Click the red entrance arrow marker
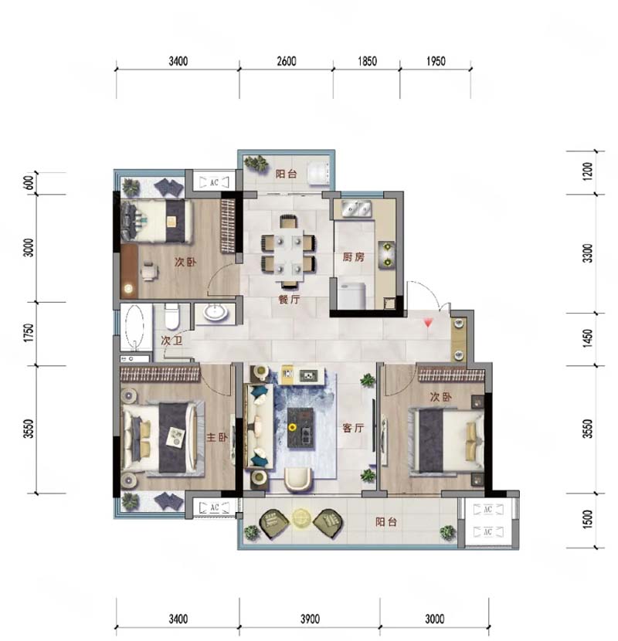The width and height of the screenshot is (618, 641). point(428,323)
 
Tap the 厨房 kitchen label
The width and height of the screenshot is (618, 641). point(353,257)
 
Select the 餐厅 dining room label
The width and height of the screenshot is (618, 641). point(289,299)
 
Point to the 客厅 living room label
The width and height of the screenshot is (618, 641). point(353,428)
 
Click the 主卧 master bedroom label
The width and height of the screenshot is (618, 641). point(217,437)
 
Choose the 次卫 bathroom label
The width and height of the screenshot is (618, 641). point(171,341)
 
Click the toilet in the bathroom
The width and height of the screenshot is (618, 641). point(171,316)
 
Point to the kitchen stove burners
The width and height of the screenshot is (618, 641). point(387,254)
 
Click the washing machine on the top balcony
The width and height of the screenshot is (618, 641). point(318,174)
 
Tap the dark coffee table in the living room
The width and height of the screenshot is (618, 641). point(301,428)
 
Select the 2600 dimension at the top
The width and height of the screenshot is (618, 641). point(287,61)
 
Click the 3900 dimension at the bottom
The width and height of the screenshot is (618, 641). point(310,619)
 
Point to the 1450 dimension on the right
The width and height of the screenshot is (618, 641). point(587,338)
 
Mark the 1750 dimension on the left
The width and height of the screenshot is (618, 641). point(28,333)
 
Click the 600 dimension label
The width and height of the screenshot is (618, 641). point(29,183)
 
